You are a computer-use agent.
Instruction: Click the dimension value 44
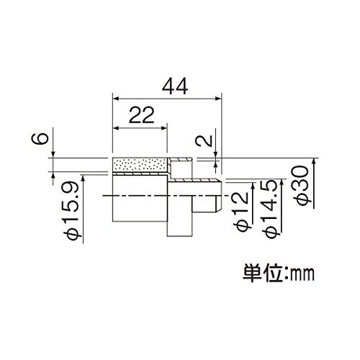click(x=175, y=86)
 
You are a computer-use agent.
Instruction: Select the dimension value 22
click(x=141, y=115)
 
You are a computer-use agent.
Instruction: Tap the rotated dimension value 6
click(x=40, y=138)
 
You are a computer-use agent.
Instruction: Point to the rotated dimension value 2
click(x=204, y=140)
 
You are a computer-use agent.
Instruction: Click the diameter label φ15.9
click(x=71, y=210)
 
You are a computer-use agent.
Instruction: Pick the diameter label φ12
click(x=242, y=212)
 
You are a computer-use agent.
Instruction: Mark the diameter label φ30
click(x=302, y=186)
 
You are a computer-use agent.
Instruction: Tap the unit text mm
click(x=302, y=274)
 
